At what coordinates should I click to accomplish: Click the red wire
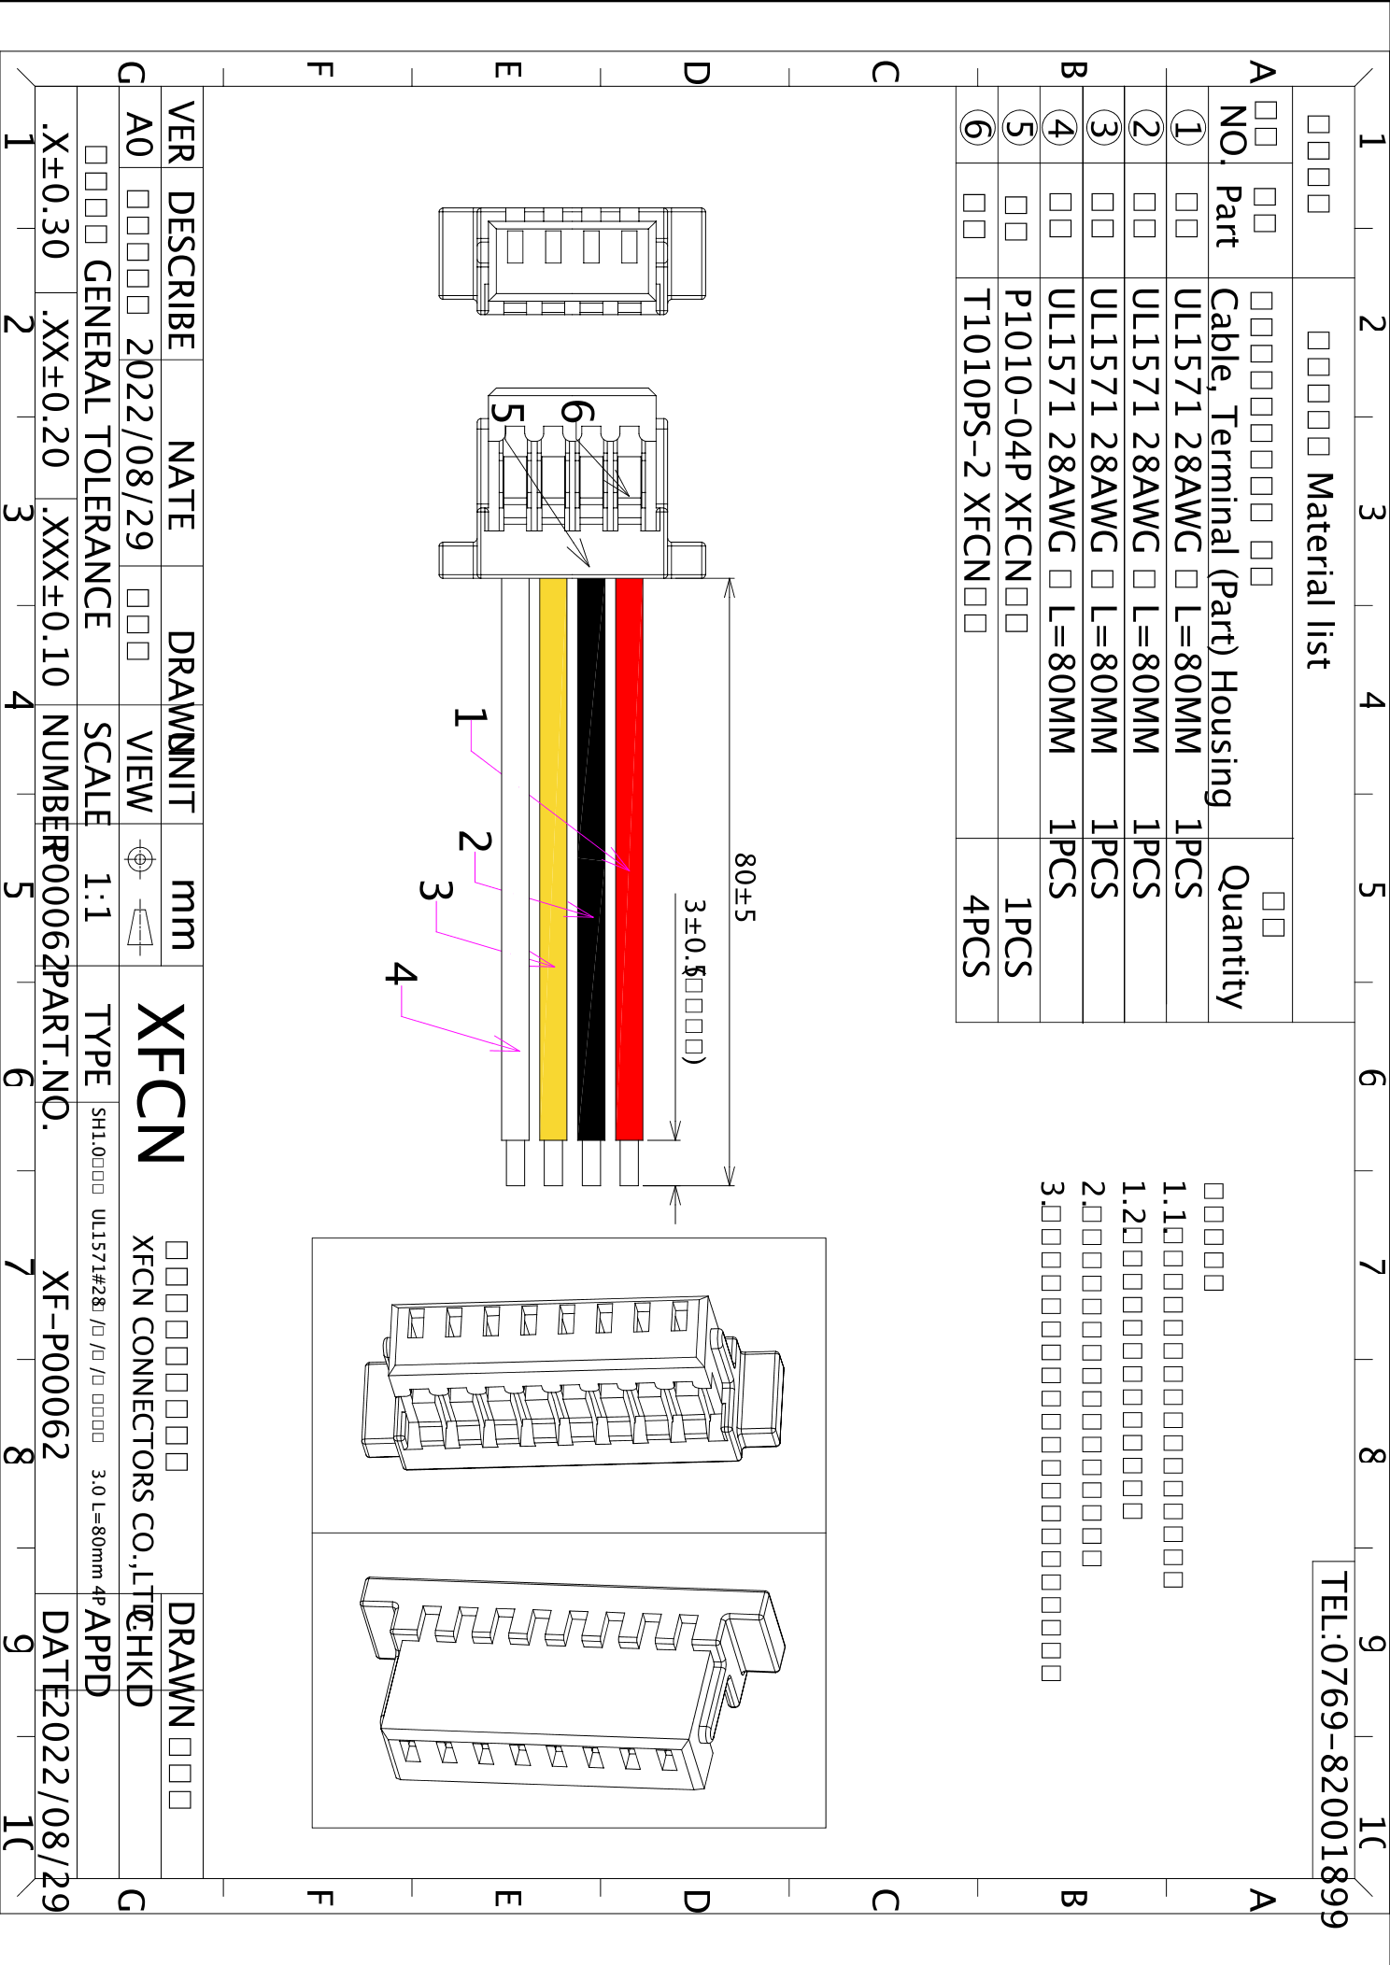[629, 747]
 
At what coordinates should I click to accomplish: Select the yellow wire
[553, 747]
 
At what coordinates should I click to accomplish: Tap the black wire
[590, 747]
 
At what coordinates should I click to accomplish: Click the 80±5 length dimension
[744, 887]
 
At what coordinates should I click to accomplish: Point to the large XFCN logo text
[161, 1083]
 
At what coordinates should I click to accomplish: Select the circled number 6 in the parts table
[977, 127]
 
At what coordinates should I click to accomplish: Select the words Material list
[1318, 570]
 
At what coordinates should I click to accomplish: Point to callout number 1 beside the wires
[470, 717]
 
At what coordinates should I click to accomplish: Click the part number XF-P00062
[56, 1364]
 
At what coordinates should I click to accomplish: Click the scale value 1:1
[97, 897]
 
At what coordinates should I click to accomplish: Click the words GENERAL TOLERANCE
[97, 444]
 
